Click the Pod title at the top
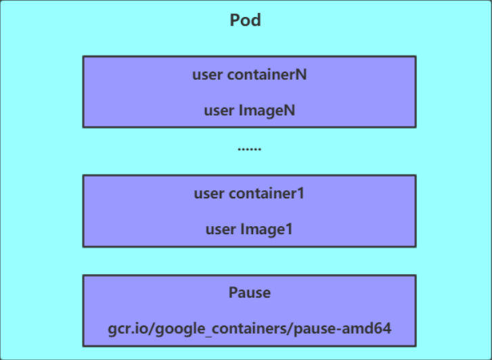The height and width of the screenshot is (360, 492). click(246, 20)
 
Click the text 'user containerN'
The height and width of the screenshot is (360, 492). click(249, 74)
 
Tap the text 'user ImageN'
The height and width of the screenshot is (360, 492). click(249, 110)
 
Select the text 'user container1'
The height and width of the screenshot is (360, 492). click(249, 194)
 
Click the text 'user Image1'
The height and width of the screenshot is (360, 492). click(249, 229)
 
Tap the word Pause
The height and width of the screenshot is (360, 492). click(249, 293)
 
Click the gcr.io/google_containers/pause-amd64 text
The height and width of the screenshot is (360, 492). click(249, 328)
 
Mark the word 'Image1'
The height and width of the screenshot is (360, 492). click(266, 229)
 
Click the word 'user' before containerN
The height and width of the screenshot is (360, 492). click(207, 74)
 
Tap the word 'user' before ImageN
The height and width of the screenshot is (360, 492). click(219, 110)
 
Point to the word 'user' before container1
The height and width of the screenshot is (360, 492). click(208, 194)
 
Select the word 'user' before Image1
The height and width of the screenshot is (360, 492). click(221, 229)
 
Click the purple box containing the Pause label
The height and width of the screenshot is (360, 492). click(249, 311)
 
